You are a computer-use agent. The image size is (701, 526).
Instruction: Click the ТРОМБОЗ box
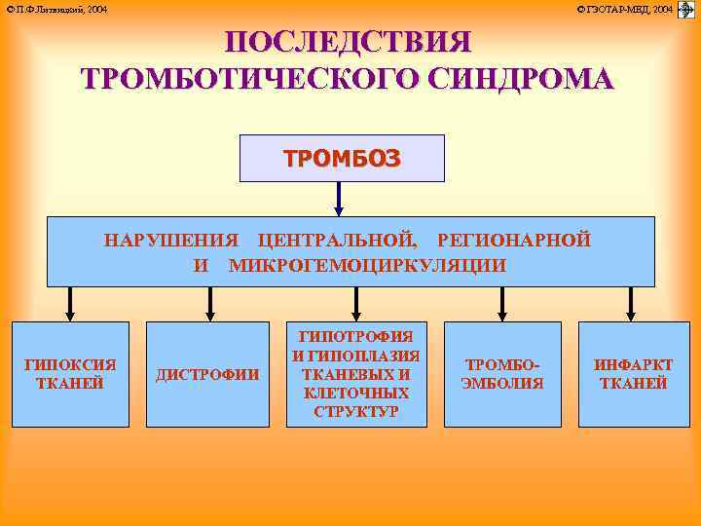[342, 159]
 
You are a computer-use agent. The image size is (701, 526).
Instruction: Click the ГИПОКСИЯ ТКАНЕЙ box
[70, 374]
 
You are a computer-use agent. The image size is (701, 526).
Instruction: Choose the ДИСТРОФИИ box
[207, 374]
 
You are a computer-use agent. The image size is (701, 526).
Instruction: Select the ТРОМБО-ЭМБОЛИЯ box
[501, 374]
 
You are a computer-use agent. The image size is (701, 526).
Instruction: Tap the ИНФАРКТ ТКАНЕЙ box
[633, 374]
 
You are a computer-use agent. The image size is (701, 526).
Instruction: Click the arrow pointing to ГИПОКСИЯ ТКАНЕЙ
[70, 303]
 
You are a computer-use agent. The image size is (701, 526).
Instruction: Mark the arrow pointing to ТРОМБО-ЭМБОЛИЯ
[501, 303]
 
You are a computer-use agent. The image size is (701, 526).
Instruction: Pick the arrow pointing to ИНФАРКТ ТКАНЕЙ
[631, 303]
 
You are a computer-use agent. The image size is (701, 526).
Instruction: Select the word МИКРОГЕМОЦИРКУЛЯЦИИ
[367, 265]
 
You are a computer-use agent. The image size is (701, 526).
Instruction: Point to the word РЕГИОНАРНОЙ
[514, 240]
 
